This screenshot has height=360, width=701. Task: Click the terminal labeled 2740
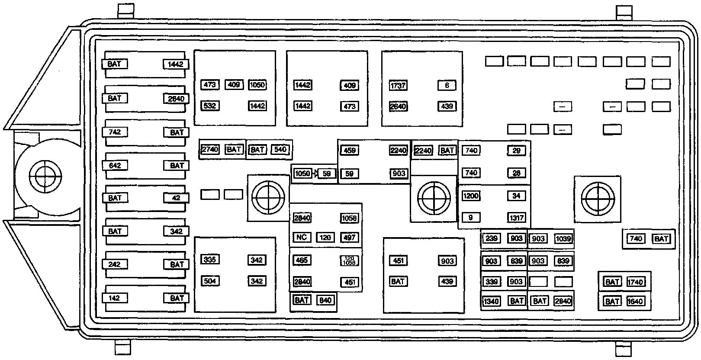pyautogui.click(x=210, y=149)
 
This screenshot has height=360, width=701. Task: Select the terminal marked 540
pyautogui.click(x=280, y=150)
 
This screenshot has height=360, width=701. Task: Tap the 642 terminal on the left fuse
pyautogui.click(x=115, y=165)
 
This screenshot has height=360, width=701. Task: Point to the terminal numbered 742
pyautogui.click(x=115, y=132)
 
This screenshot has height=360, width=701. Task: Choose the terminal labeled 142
pyautogui.click(x=115, y=298)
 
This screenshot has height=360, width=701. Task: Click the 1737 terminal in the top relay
pyautogui.click(x=398, y=85)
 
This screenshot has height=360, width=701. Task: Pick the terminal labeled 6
pyautogui.click(x=447, y=85)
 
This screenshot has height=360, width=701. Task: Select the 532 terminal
pyautogui.click(x=210, y=106)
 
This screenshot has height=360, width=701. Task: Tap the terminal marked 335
pyautogui.click(x=210, y=260)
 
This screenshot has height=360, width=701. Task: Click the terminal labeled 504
pyautogui.click(x=210, y=281)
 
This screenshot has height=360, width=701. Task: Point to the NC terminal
pyautogui.click(x=302, y=237)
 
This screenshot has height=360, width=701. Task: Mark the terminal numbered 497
pyautogui.click(x=349, y=237)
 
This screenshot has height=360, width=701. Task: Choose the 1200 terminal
pyautogui.click(x=471, y=196)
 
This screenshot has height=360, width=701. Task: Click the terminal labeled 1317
pyautogui.click(x=517, y=218)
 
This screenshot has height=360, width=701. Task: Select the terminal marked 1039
pyautogui.click(x=563, y=238)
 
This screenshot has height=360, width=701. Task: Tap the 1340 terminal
pyautogui.click(x=491, y=301)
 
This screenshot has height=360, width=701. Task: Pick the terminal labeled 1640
pyautogui.click(x=635, y=301)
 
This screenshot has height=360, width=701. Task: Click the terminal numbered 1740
pyautogui.click(x=636, y=282)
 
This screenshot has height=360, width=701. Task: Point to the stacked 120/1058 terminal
pyautogui.click(x=349, y=260)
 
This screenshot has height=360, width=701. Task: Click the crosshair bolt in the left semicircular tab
pyautogui.click(x=45, y=177)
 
